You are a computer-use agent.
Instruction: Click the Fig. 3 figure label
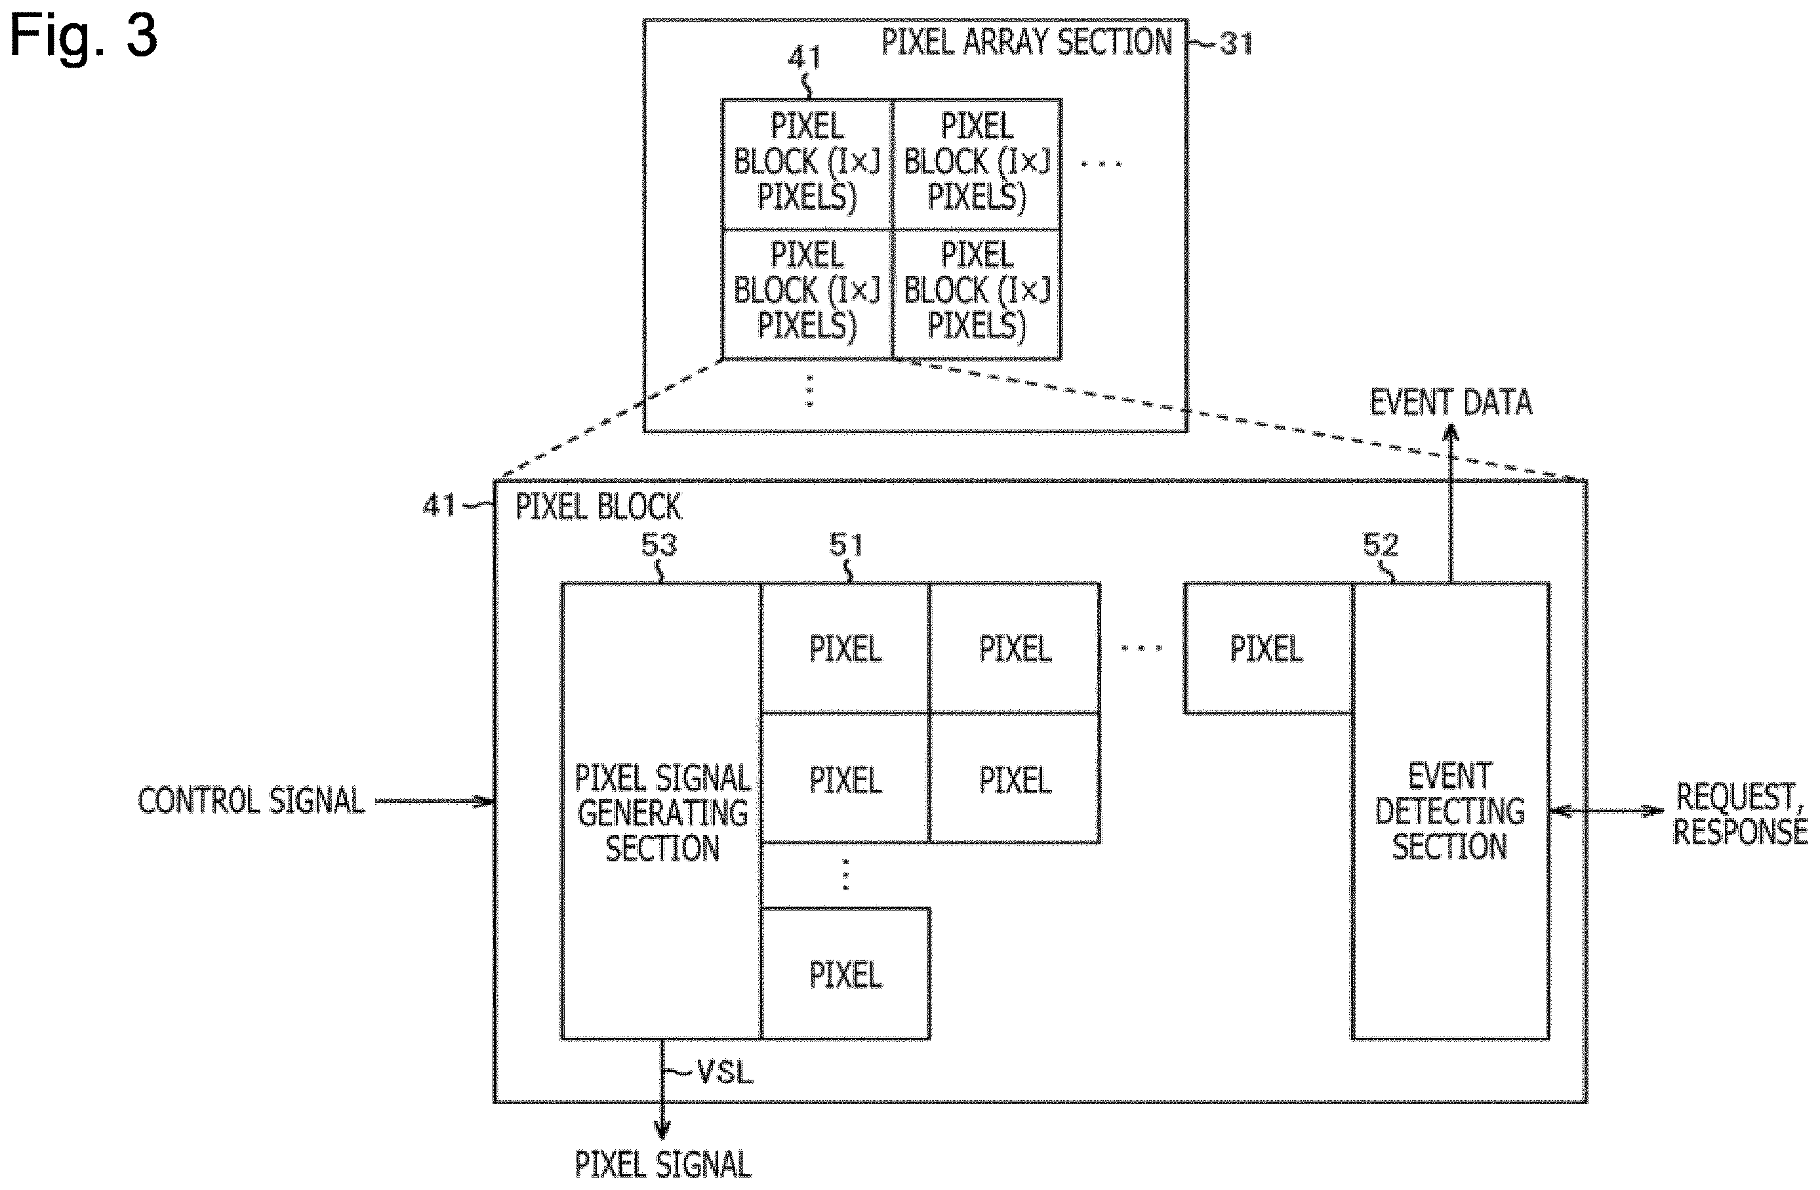(x=83, y=36)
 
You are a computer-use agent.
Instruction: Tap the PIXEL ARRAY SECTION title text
(x=1027, y=42)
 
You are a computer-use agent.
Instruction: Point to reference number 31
(x=1236, y=43)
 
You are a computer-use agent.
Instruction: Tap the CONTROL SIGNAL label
(x=252, y=801)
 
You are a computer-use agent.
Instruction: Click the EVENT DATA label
(x=1451, y=402)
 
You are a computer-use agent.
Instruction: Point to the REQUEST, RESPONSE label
(x=1740, y=813)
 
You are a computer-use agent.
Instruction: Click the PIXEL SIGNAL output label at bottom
(x=663, y=1165)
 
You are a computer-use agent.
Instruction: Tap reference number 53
(x=658, y=544)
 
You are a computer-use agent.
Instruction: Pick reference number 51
(x=846, y=544)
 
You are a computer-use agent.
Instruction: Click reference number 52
(x=1381, y=544)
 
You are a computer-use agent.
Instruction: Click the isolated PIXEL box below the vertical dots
(x=846, y=974)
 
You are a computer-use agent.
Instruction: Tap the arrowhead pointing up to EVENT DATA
(x=1451, y=433)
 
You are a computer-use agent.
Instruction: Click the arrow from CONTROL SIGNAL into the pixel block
(x=434, y=802)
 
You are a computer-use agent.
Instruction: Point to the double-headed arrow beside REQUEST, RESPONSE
(x=1607, y=811)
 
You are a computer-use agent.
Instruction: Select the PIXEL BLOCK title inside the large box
(x=598, y=506)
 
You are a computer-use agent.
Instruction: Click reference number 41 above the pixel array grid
(x=805, y=56)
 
